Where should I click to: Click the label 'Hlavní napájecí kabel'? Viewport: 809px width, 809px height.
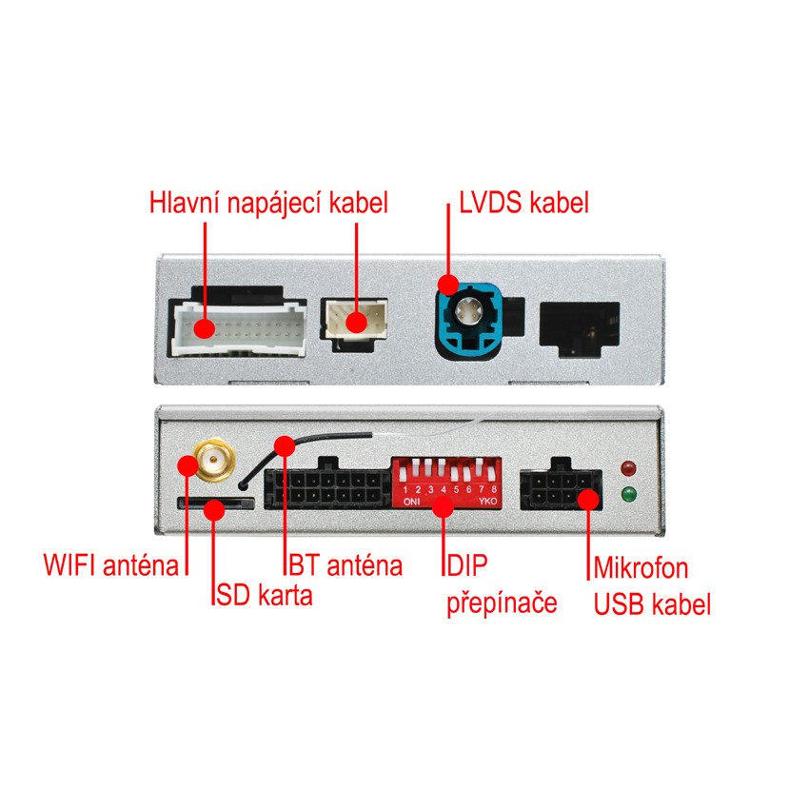pos(269,204)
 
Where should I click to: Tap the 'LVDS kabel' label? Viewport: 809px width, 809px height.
pos(524,203)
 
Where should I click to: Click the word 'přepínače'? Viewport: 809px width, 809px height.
pos(502,603)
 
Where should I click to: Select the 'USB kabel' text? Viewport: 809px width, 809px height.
pos(652,604)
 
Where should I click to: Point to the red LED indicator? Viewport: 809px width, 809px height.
pos(627,468)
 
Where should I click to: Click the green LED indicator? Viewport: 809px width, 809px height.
pos(627,495)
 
